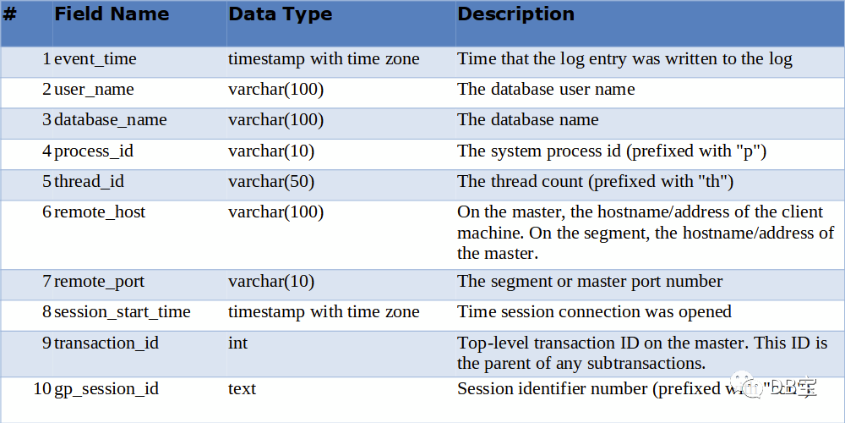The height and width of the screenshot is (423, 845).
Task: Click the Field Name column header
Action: point(112,14)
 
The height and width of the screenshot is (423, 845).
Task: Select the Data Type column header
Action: point(280,14)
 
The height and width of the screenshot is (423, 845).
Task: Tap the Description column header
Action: point(515,14)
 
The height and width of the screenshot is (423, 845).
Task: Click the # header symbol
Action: point(10,14)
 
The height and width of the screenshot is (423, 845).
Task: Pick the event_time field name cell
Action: point(95,59)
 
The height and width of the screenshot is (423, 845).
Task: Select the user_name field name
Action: point(94,90)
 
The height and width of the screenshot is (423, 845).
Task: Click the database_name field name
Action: point(110,120)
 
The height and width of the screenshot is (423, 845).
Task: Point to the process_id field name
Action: point(93,151)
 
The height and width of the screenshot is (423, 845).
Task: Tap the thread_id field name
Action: point(90,182)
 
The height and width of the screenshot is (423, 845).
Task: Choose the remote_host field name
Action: point(99,212)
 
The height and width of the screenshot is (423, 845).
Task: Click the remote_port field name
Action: point(99,282)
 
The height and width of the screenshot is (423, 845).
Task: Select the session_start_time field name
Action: point(122,312)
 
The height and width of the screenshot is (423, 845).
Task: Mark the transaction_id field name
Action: point(106,343)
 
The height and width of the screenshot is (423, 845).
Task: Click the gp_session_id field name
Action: point(106,389)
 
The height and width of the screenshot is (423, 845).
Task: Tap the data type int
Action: point(237,343)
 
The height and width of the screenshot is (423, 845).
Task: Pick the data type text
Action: point(242,389)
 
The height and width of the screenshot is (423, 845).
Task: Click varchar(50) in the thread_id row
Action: point(271,182)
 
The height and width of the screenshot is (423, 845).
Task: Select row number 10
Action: point(42,389)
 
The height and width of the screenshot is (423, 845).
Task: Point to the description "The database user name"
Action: point(546,90)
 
